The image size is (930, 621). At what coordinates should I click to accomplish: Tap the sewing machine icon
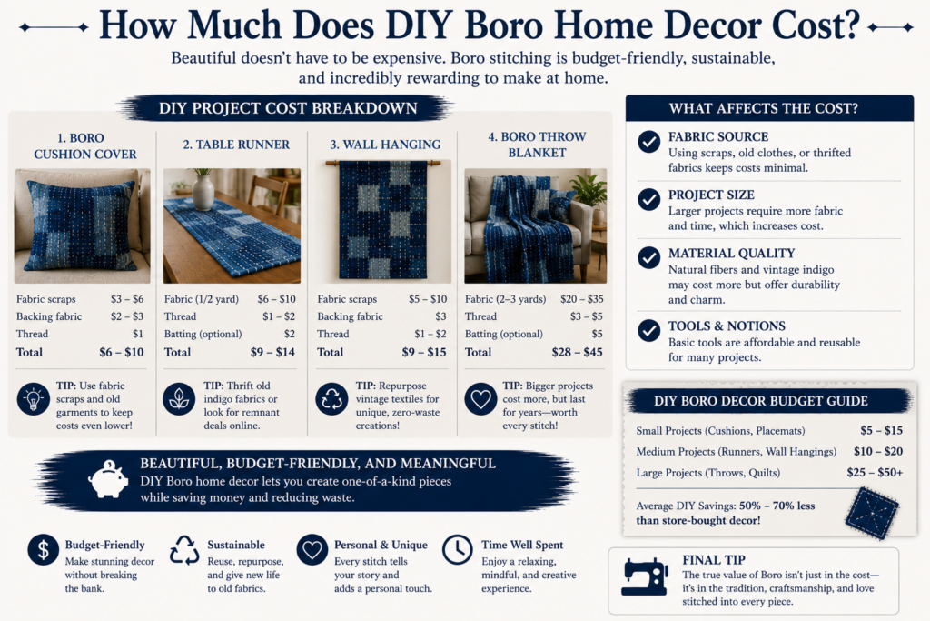click(x=645, y=576)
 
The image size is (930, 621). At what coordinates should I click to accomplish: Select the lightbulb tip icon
click(x=34, y=398)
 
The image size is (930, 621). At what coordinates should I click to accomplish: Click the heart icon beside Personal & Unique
click(x=312, y=550)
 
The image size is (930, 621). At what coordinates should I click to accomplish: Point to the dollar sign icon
click(x=44, y=549)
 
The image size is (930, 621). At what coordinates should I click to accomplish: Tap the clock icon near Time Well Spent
click(x=458, y=550)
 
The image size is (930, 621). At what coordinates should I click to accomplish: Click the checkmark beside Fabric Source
click(x=648, y=142)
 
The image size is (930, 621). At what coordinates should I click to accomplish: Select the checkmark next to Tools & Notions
click(x=648, y=331)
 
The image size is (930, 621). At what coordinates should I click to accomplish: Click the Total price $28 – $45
click(x=577, y=352)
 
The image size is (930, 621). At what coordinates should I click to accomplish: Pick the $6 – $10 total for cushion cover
click(x=122, y=352)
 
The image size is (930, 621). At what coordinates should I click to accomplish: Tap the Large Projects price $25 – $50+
click(x=875, y=473)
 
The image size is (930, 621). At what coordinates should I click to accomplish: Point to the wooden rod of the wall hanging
click(x=383, y=163)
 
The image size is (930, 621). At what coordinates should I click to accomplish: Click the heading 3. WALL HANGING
click(x=385, y=145)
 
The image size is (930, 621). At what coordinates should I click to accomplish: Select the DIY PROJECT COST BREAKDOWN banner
click(x=288, y=108)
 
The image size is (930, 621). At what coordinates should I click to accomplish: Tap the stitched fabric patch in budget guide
click(x=872, y=514)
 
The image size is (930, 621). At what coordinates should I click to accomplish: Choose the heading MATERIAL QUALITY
click(x=731, y=253)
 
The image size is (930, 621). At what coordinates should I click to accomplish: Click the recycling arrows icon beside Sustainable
click(x=184, y=550)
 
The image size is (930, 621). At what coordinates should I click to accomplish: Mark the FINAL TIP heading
click(x=714, y=560)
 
